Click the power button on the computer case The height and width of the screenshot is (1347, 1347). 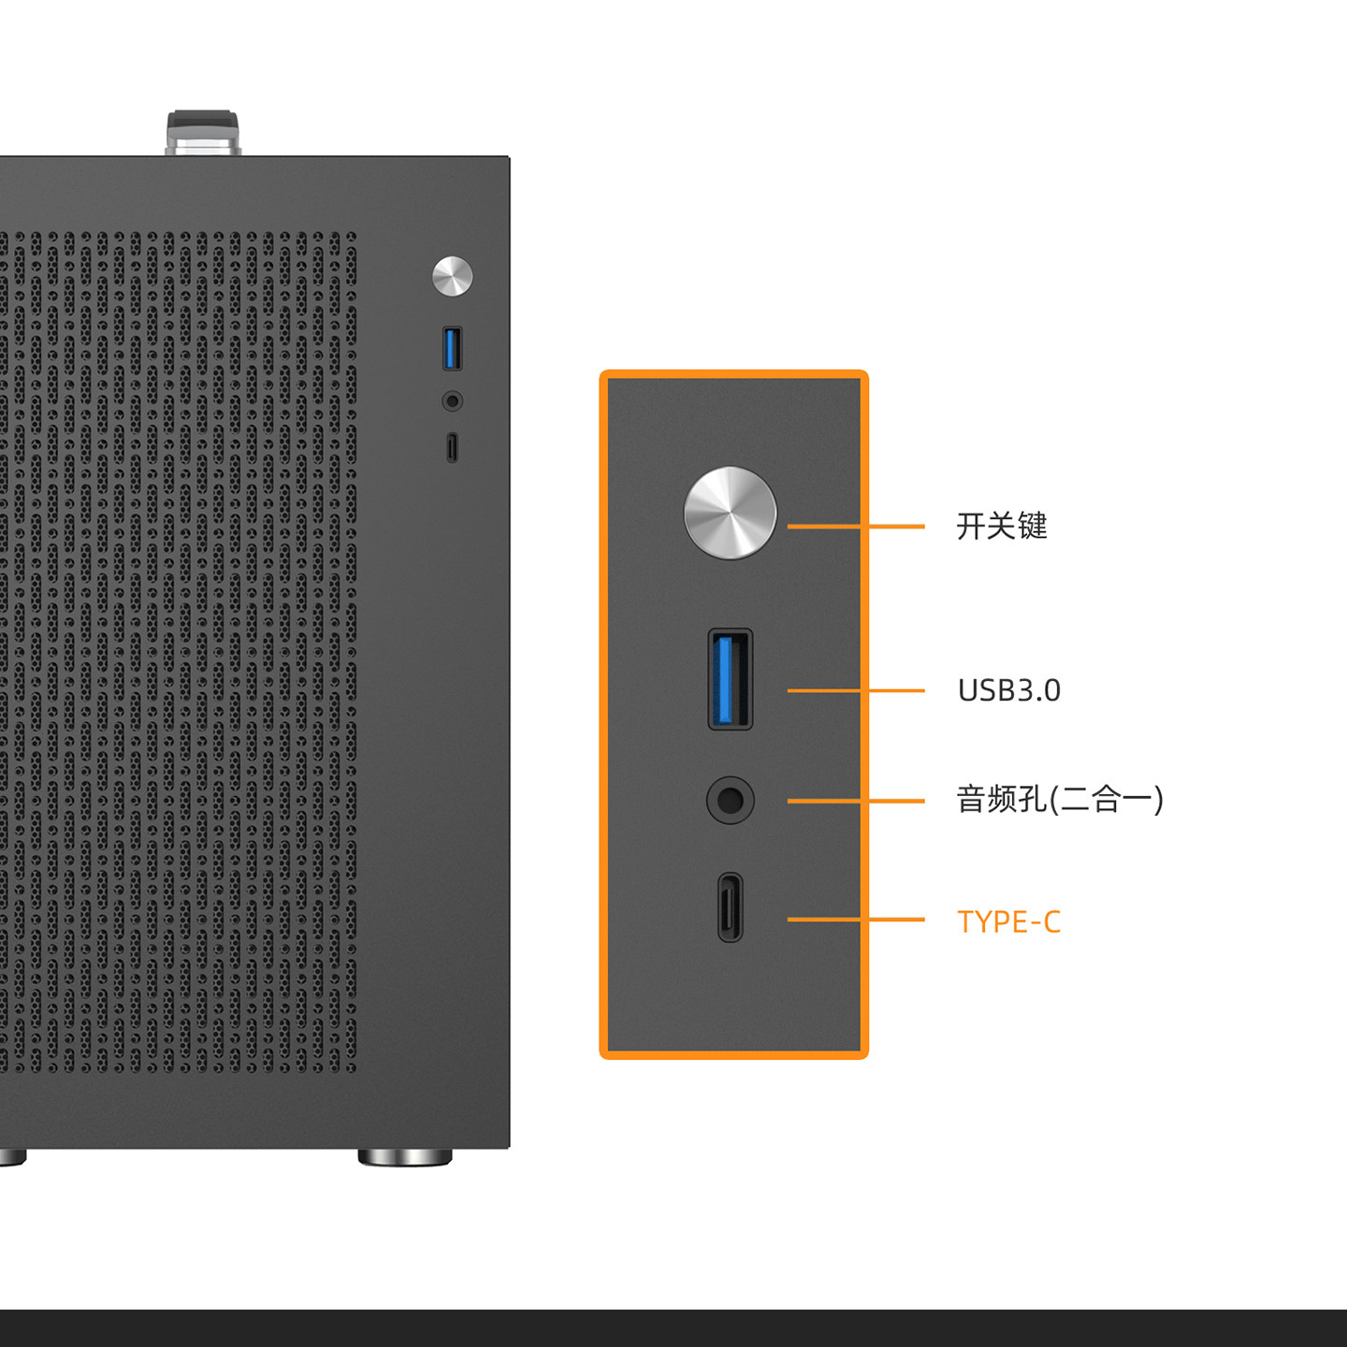pos(452,276)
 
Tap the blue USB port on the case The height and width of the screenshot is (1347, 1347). pos(452,348)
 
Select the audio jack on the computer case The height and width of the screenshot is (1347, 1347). pos(452,401)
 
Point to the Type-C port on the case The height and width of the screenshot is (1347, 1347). pos(452,447)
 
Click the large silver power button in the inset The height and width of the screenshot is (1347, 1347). pos(730,513)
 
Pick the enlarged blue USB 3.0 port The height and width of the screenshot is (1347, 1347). pos(730,679)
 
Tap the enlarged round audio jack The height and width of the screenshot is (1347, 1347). pos(730,801)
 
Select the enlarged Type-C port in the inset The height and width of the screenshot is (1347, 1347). pos(731,907)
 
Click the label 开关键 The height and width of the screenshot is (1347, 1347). pos(1002,526)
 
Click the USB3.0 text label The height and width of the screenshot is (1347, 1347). pos(1008,690)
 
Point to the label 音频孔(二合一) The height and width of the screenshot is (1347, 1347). pos(1060,800)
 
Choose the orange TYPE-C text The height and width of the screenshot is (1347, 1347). pos(1008,922)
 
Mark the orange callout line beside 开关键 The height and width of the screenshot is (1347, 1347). pos(856,527)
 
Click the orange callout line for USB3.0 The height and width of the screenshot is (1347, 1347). pos(856,690)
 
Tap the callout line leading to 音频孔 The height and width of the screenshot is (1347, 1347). pos(856,801)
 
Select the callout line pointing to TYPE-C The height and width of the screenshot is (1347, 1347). pos(856,920)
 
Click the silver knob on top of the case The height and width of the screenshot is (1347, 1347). pos(203,133)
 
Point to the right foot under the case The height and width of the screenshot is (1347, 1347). pos(405,1157)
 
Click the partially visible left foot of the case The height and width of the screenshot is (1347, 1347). pos(12,1157)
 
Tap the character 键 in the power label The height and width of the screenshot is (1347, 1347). pos(1033,526)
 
